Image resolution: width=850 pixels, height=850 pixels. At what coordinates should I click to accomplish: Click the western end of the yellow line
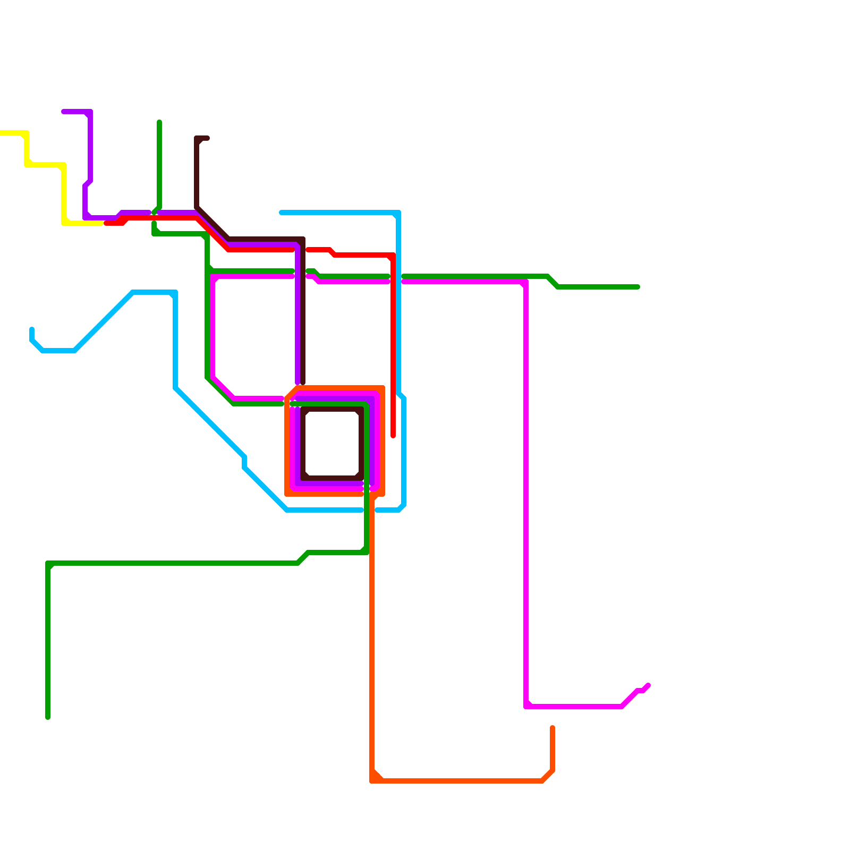1,133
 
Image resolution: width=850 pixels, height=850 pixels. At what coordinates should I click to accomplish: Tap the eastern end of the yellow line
101,223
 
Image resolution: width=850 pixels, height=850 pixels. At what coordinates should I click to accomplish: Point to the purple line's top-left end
64,112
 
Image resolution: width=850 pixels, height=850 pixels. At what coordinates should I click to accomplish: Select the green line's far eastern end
637,287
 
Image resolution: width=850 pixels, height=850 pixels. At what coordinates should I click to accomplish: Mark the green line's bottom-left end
48,717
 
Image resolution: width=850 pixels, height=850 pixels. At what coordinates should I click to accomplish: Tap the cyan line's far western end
32,329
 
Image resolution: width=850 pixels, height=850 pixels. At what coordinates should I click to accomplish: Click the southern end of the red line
393,436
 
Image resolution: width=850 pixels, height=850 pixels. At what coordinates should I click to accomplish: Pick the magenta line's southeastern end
648,685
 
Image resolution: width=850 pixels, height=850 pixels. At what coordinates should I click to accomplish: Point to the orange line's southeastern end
552,728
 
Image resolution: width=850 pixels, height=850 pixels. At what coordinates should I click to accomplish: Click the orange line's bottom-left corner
372,781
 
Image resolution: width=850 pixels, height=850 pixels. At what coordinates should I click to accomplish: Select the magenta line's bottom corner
526,707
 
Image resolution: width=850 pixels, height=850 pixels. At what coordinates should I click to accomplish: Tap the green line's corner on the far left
48,563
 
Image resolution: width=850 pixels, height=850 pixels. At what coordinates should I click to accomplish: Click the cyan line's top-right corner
398,212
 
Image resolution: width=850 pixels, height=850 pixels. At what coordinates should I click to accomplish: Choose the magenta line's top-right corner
526,282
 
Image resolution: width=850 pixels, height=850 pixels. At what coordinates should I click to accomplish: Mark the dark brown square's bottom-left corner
303,478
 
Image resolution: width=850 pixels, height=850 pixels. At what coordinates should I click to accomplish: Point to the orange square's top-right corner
382,388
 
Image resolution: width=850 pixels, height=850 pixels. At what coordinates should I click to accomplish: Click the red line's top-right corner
393,255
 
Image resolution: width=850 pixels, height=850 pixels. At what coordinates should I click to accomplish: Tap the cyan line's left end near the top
282,212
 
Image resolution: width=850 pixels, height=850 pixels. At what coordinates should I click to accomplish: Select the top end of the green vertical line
159,122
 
